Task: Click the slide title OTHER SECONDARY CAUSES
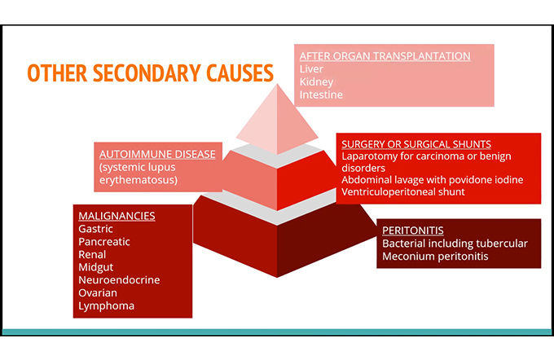tap(150, 72)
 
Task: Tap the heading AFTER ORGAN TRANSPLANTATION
tap(385, 56)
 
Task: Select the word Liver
tap(311, 69)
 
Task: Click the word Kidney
tap(317, 82)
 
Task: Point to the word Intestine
tap(321, 94)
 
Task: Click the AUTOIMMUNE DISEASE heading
tap(157, 154)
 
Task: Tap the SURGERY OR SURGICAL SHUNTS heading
tap(416, 144)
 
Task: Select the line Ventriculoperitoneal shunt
tap(403, 192)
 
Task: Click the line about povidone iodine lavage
tap(432, 180)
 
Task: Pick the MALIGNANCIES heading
tap(117, 216)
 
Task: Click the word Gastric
tap(96, 229)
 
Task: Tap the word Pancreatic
tap(104, 242)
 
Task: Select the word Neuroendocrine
tap(119, 280)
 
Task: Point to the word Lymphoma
tap(107, 306)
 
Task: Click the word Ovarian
tap(98, 293)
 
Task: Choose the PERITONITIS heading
tap(413, 230)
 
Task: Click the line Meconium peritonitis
tap(435, 256)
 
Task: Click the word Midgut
tap(96, 267)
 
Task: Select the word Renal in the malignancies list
tap(92, 254)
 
